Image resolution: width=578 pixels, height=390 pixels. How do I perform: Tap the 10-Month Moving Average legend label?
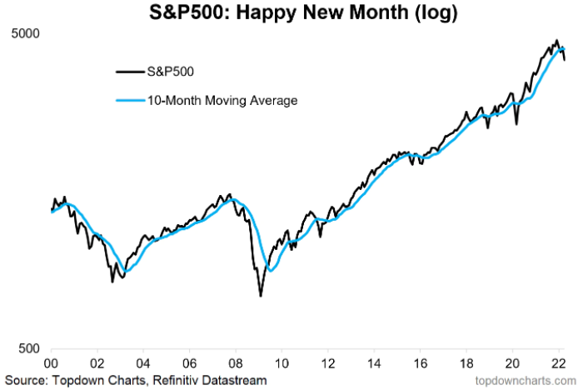click(x=222, y=101)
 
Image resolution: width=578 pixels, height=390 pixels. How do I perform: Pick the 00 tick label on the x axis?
click(x=51, y=364)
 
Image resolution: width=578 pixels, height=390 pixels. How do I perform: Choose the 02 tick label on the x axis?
click(x=97, y=364)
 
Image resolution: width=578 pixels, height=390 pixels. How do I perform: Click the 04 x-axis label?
click(x=144, y=364)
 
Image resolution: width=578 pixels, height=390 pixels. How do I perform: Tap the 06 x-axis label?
click(x=191, y=364)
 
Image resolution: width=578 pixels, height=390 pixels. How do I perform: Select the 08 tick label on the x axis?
click(x=237, y=364)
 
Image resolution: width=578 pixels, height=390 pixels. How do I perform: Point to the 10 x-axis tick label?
click(x=283, y=364)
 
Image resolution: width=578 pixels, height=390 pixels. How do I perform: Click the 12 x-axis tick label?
click(x=330, y=364)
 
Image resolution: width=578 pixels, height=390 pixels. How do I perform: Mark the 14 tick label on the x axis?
click(x=376, y=364)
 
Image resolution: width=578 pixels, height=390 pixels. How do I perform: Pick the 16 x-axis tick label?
click(x=423, y=364)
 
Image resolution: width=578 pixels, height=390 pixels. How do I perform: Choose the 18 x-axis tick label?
click(x=470, y=364)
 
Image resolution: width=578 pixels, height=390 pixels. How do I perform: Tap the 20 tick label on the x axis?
click(x=516, y=364)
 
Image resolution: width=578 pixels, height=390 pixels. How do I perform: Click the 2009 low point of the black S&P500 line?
click(x=261, y=296)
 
